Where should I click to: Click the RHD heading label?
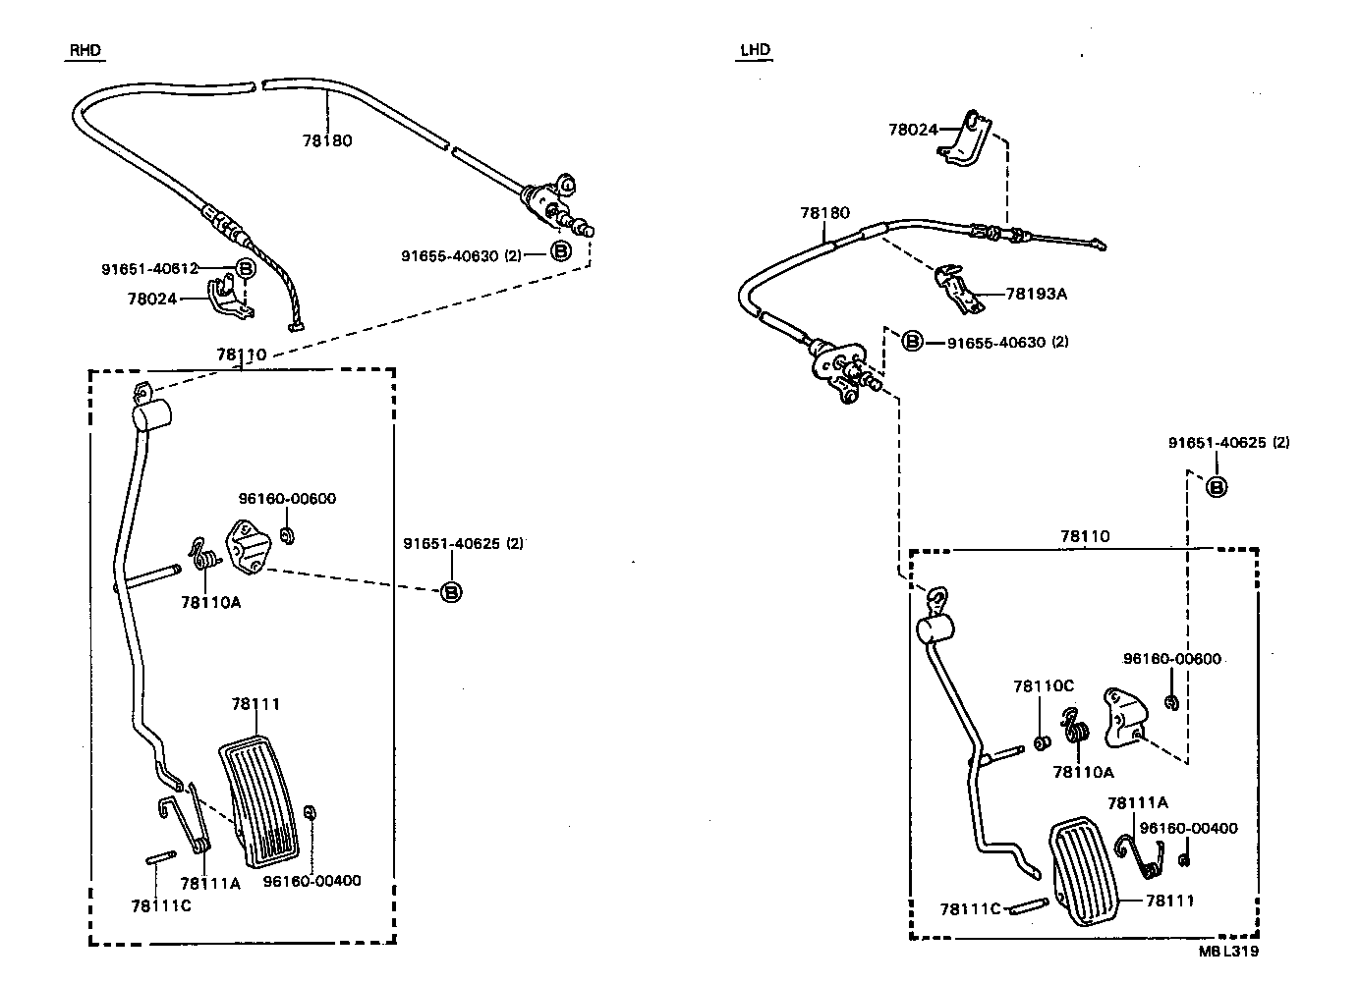(x=85, y=50)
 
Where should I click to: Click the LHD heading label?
(x=755, y=50)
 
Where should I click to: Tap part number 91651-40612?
(x=149, y=268)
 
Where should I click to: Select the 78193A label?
(x=1036, y=293)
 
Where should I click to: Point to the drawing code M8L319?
(x=1228, y=951)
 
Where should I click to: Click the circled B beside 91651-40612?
(x=245, y=268)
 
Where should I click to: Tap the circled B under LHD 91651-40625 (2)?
(x=1216, y=486)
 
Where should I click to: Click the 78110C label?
(x=1044, y=686)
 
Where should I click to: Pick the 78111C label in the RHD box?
(x=161, y=905)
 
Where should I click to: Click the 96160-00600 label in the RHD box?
(x=287, y=498)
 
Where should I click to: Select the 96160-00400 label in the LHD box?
(x=1188, y=828)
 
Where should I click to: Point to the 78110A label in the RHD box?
(x=210, y=602)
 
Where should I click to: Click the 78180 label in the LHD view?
(x=824, y=212)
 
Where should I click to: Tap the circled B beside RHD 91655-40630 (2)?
(x=559, y=251)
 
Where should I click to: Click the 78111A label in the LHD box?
(x=1137, y=802)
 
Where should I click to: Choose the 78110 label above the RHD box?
(x=241, y=354)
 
